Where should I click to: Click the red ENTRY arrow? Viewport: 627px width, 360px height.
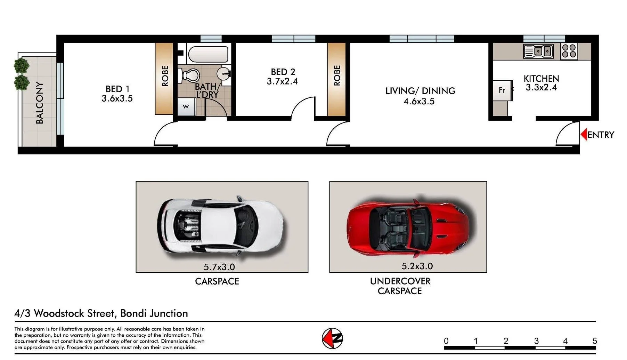[584, 134]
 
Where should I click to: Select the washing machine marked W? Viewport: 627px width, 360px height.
[186, 107]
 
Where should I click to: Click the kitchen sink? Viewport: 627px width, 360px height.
[538, 51]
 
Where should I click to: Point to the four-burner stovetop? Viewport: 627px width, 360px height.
[569, 51]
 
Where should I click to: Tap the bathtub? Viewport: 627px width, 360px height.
[208, 55]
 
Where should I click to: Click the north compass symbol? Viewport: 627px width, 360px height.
[332, 338]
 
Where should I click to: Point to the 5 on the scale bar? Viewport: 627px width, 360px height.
[595, 341]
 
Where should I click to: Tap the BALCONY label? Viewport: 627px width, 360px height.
[40, 103]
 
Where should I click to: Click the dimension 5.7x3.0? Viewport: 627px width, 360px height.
[219, 267]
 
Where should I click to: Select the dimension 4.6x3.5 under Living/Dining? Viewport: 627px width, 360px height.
[419, 102]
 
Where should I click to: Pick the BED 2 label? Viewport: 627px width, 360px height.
[283, 72]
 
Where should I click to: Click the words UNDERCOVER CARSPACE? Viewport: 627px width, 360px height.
[400, 286]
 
